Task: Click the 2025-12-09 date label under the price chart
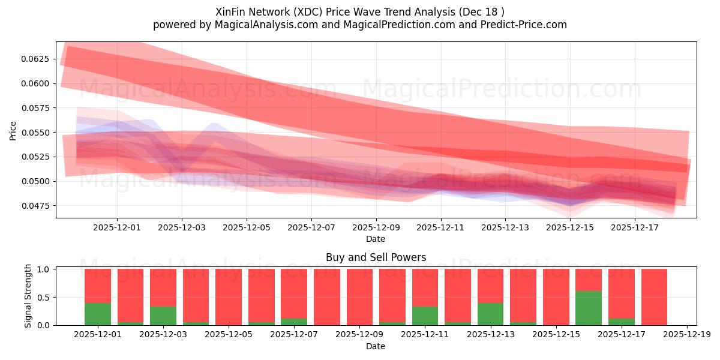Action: tap(376, 228)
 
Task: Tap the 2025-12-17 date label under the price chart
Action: tap(635, 228)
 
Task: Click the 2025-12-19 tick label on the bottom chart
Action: tap(686, 335)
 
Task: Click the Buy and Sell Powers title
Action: tap(376, 257)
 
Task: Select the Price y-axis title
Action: tap(13, 130)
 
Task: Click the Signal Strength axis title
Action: tap(28, 296)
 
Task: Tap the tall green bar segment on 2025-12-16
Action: tap(588, 308)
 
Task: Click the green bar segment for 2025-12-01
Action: tap(98, 314)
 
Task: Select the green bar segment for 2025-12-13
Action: tap(490, 314)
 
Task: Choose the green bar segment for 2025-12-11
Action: tap(425, 316)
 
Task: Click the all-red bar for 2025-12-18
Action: tap(654, 297)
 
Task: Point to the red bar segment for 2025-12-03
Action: tap(163, 287)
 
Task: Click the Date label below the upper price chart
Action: tap(376, 239)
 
